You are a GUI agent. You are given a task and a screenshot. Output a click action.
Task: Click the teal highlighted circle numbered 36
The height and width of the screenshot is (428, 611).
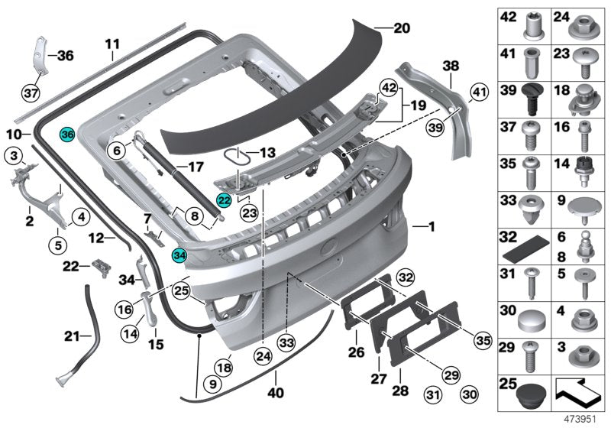[x=66, y=134]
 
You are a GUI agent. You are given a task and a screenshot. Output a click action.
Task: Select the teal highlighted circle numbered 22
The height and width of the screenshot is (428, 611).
[x=224, y=200]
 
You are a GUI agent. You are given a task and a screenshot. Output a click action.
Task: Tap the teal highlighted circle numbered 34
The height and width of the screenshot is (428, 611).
[x=179, y=256]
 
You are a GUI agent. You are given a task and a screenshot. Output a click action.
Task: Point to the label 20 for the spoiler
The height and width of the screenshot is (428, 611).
[x=402, y=28]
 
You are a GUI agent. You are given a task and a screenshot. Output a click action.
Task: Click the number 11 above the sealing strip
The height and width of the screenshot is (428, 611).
[x=112, y=44]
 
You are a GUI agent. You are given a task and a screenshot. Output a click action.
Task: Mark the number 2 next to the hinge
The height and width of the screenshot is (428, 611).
[x=29, y=221]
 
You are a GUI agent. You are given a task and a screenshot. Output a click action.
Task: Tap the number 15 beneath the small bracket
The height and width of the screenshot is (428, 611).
[x=156, y=344]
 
